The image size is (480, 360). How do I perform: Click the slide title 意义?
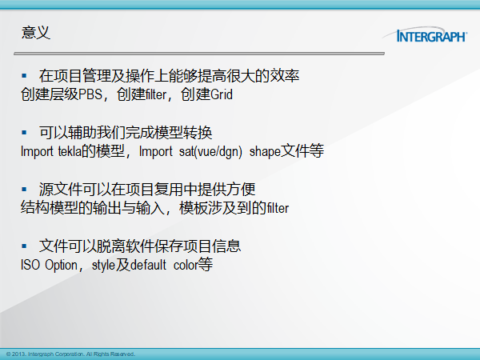(36, 33)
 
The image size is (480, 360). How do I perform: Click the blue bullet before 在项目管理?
(24, 75)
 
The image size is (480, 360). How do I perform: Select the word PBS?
(90, 94)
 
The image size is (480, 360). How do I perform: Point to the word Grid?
(222, 94)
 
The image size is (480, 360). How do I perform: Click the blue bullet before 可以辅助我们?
(24, 132)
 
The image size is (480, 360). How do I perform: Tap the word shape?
(265, 152)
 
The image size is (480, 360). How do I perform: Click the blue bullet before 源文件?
(24, 189)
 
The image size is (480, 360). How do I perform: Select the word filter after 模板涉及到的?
(278, 208)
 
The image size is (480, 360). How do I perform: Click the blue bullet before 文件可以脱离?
(24, 246)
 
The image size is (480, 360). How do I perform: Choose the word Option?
(62, 266)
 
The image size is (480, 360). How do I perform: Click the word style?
(103, 266)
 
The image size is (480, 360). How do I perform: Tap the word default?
(149, 265)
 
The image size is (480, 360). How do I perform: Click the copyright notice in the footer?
(70, 354)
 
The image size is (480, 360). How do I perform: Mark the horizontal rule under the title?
(199, 54)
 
